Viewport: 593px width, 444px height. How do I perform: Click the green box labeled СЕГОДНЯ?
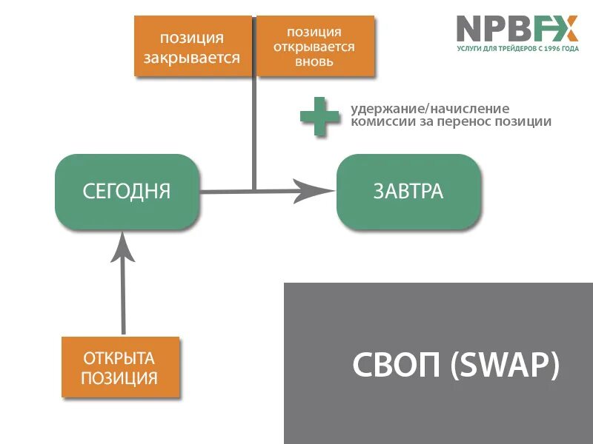[127, 192]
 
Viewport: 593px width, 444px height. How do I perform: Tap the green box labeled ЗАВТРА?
[408, 192]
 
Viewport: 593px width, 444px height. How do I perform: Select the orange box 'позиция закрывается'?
[192, 47]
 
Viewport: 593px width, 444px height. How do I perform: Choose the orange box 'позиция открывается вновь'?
[315, 47]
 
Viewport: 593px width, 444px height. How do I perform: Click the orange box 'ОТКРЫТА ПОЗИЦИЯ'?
[120, 368]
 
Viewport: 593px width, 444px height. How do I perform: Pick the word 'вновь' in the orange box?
[314, 62]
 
